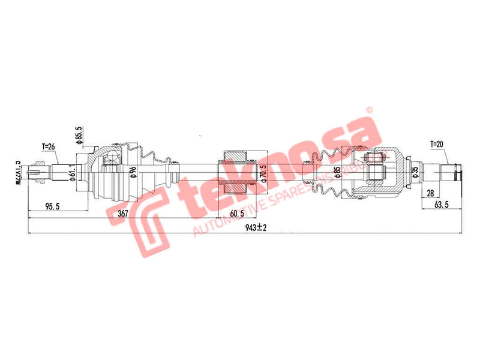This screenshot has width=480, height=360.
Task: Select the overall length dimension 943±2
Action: [256, 227]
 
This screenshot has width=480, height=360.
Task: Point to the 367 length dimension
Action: [123, 214]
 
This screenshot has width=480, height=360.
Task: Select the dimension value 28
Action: [430, 192]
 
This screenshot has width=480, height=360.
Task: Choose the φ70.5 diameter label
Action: [262, 173]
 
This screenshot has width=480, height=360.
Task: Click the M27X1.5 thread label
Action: [19, 172]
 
